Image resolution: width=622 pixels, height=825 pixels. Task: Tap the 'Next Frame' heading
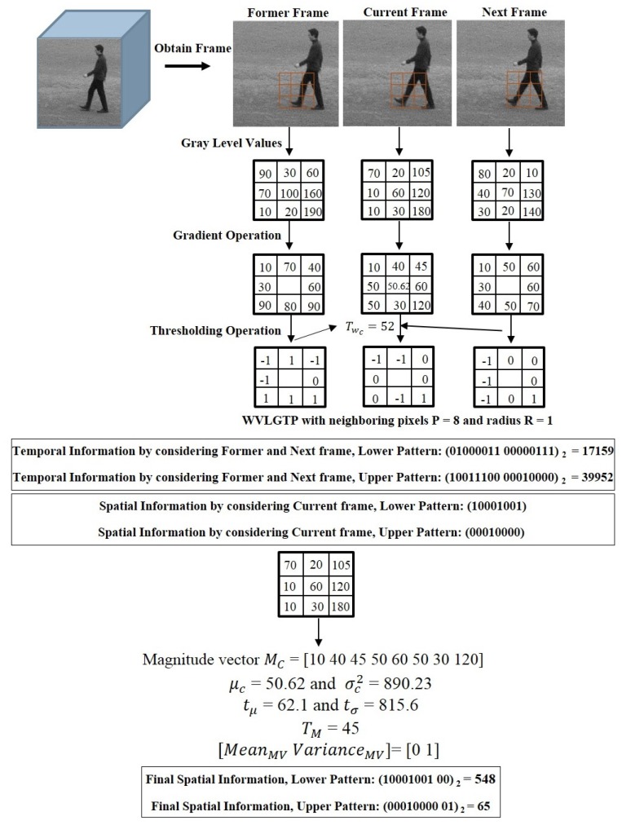(514, 12)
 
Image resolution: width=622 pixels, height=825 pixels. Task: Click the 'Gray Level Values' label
(232, 143)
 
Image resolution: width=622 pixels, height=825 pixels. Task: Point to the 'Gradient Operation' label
(227, 236)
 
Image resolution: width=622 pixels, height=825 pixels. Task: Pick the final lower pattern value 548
(483, 779)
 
